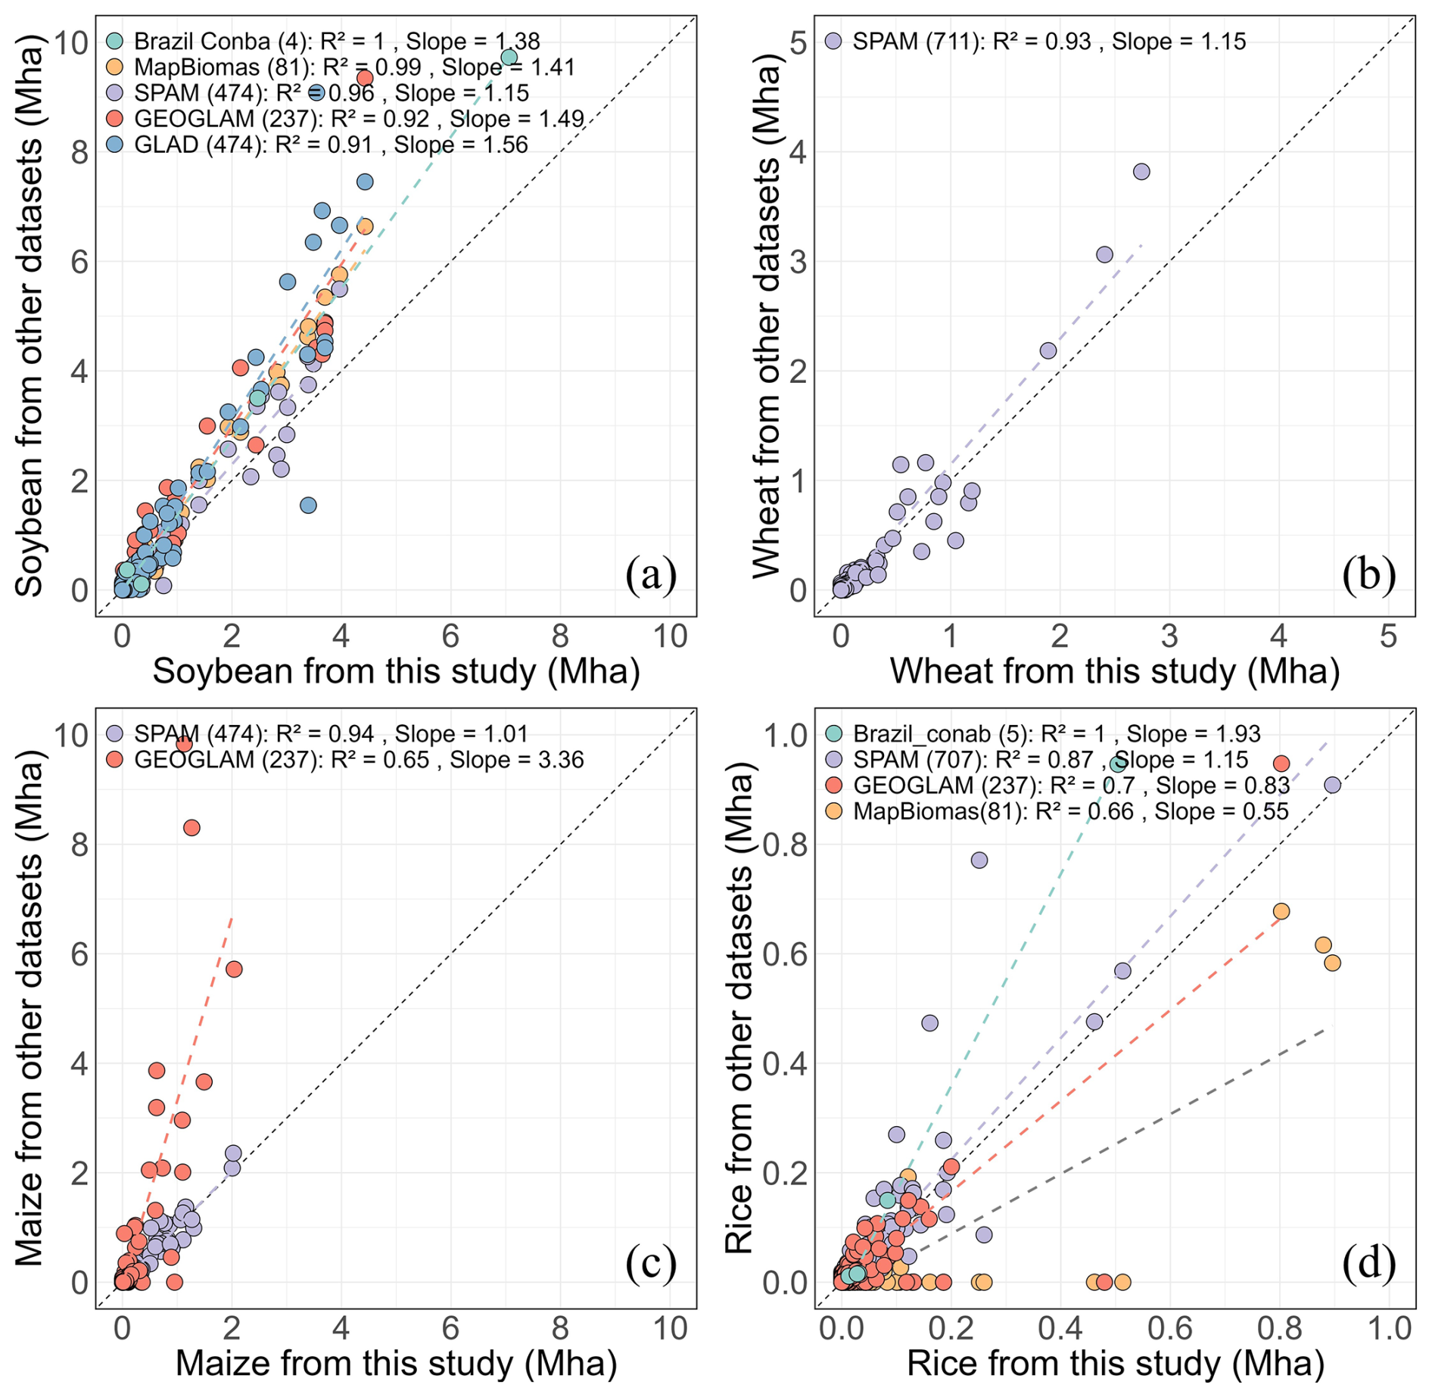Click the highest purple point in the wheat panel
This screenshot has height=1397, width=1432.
pyautogui.click(x=1141, y=172)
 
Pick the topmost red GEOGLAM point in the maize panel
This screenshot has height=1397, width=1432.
pyautogui.click(x=183, y=744)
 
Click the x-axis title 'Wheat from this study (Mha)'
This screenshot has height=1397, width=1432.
pyautogui.click(x=1114, y=671)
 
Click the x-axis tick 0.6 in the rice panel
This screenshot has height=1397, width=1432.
pyautogui.click(x=1169, y=1328)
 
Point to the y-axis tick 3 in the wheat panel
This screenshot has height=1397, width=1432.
pyautogui.click(x=798, y=262)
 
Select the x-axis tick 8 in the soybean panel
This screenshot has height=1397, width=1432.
pyautogui.click(x=560, y=636)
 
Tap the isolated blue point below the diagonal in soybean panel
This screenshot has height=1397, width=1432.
pyautogui.click(x=308, y=506)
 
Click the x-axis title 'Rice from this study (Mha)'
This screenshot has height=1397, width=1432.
pyautogui.click(x=1115, y=1364)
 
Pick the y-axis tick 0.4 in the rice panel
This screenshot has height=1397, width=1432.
pyautogui.click(x=786, y=1063)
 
